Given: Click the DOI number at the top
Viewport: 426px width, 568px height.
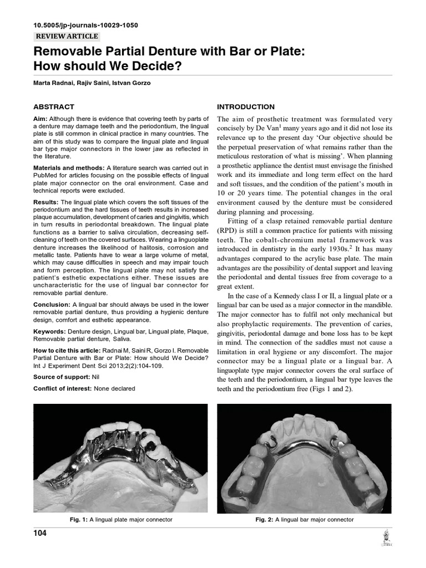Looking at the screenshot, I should click(86, 26).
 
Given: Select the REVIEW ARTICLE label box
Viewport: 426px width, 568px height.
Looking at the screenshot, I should click(67, 37).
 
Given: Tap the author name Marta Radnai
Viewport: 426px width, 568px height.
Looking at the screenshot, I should click(55, 84).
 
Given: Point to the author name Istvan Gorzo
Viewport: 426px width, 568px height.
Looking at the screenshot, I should click(133, 84).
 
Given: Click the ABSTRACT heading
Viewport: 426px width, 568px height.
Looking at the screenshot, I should click(54, 106).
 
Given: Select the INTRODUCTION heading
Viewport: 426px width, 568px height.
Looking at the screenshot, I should click(245, 106).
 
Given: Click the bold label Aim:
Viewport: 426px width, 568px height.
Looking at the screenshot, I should click(40, 119).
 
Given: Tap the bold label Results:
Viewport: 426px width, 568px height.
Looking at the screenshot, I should click(46, 202).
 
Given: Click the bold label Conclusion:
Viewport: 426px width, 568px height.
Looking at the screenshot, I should click(52, 305).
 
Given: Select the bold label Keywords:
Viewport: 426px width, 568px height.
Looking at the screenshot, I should click(50, 331).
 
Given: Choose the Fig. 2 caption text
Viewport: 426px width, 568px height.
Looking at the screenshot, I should click(304, 520).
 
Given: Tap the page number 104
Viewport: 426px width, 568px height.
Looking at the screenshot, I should click(40, 534).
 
